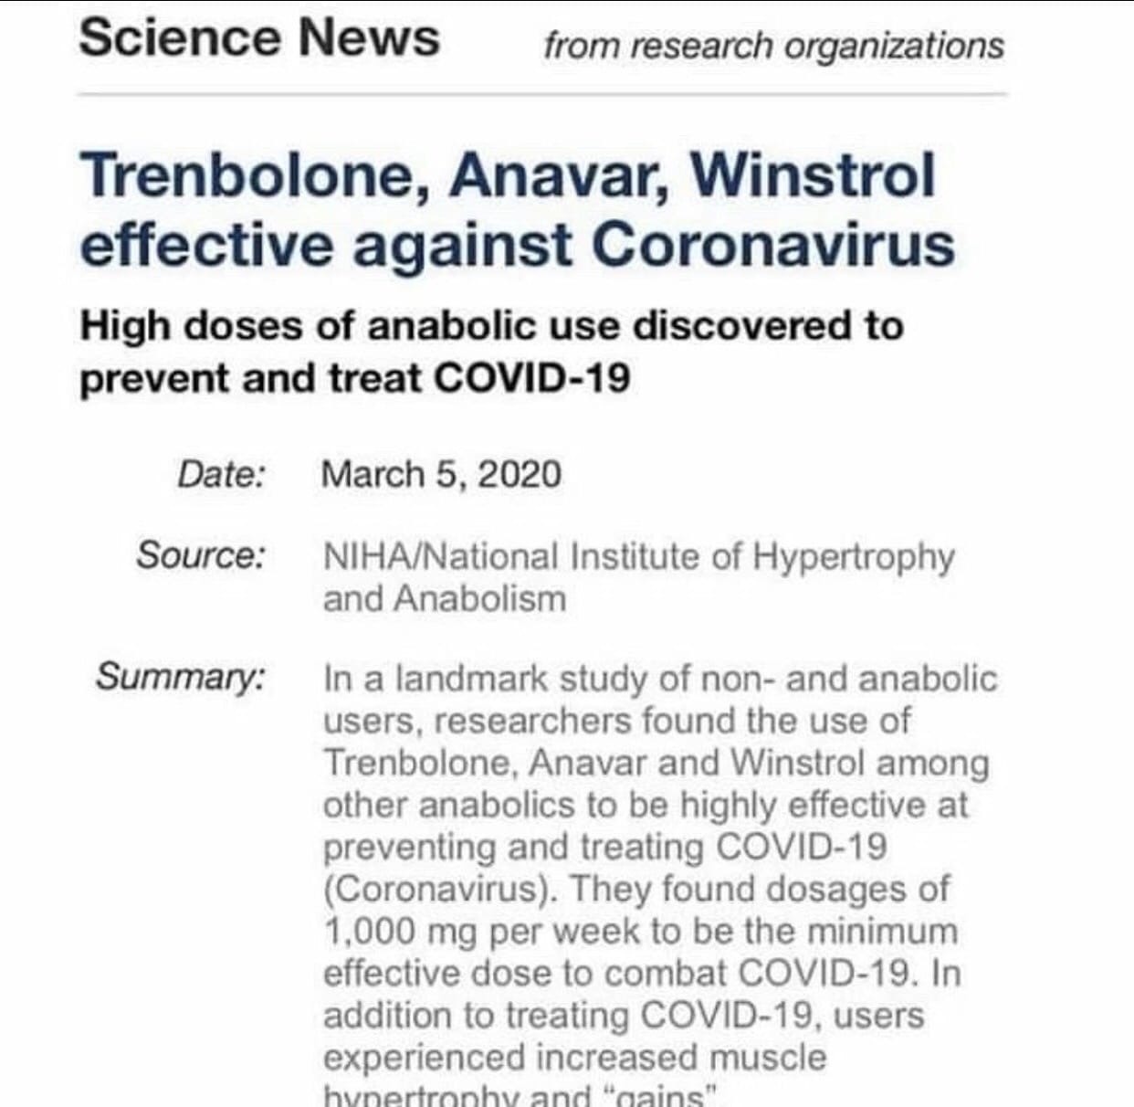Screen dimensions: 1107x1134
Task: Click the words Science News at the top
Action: pos(259,38)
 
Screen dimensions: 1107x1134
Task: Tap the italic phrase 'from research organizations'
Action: pos(773,46)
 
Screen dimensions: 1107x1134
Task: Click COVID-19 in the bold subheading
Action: pos(531,378)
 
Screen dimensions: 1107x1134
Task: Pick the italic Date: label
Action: pos(222,475)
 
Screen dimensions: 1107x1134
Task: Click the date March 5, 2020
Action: pos(441,475)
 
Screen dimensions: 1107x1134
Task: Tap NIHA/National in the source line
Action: pos(440,556)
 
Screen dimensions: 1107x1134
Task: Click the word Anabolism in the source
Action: pos(480,599)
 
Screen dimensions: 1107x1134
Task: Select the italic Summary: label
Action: pos(182,677)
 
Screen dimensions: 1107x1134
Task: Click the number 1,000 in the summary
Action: pos(371,933)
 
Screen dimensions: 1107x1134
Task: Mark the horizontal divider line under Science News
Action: pos(542,94)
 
